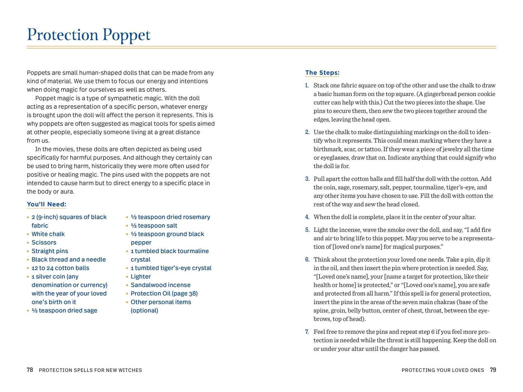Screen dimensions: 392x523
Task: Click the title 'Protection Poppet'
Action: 88,35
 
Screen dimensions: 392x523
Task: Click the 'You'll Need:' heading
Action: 46,204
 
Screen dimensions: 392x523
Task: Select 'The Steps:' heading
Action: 322,73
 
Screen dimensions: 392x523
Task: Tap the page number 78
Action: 30,370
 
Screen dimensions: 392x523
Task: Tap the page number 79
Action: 493,370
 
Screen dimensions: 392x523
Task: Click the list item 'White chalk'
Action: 48,234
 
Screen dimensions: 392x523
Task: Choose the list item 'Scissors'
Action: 44,243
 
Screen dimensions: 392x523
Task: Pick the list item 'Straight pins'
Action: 50,251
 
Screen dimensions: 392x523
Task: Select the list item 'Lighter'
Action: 141,277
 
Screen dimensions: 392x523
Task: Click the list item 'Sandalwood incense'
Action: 160,285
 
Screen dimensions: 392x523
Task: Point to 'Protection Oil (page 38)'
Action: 164,293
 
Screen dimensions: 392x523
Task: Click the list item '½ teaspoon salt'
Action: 154,226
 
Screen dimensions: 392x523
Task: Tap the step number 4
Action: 307,217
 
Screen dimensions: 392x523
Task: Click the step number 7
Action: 307,332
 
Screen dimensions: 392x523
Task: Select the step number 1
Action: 307,85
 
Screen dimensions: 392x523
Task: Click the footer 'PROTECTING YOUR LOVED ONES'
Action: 443,370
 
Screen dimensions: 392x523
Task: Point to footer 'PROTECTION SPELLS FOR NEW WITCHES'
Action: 90,370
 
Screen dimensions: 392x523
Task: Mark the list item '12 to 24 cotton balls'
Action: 60,268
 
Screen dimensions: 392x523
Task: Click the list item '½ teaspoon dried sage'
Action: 64,311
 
